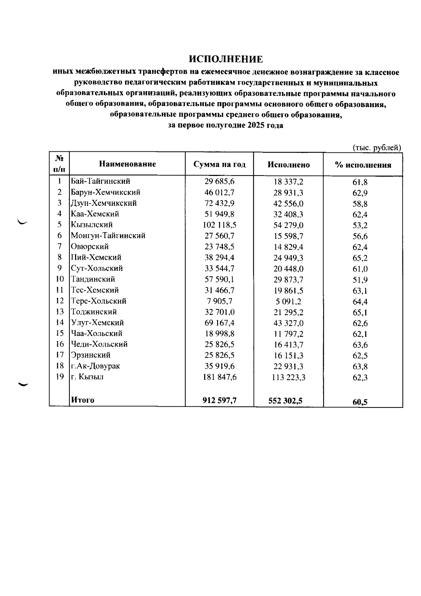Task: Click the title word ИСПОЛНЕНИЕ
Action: click(226, 59)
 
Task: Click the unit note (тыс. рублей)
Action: click(376, 148)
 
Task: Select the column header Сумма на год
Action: click(220, 164)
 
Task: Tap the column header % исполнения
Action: click(363, 165)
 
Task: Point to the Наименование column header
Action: click(127, 164)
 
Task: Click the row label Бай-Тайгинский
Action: click(100, 181)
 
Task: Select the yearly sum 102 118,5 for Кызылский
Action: click(220, 225)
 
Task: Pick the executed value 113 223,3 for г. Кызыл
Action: click(288, 377)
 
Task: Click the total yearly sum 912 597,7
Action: click(220, 400)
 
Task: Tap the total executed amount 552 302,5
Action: click(285, 401)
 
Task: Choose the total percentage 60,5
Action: click(360, 402)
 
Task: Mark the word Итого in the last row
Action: click(83, 400)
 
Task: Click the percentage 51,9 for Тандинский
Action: click(360, 280)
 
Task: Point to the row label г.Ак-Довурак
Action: click(95, 366)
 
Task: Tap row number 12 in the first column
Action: click(60, 301)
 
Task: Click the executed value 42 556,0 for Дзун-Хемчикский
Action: click(288, 203)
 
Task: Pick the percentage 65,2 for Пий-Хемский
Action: click(360, 258)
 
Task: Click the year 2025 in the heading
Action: click(257, 125)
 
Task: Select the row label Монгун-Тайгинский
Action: click(108, 236)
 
